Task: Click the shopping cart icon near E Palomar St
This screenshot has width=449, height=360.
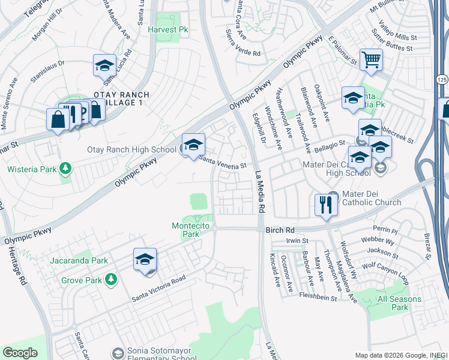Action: pos(372,59)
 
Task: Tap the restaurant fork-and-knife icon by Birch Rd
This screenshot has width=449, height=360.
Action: pos(324,205)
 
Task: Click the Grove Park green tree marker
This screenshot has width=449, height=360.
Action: pos(110,280)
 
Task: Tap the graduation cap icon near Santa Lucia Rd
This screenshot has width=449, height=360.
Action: pos(105,65)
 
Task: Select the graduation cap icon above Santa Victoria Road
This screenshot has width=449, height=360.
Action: pos(145,259)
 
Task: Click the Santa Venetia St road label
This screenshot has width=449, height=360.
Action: pos(223,163)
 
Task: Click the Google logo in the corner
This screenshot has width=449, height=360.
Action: pos(20,353)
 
